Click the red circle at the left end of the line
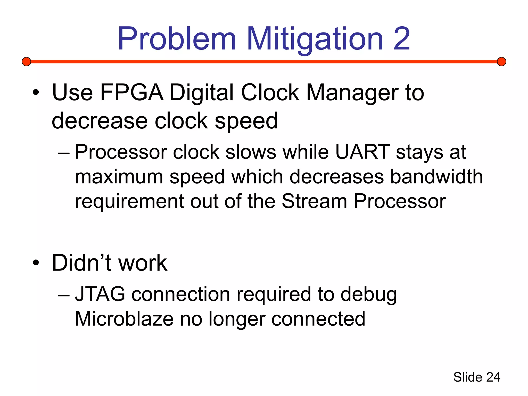26,62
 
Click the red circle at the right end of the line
501,62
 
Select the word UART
362,152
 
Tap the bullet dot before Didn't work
36,263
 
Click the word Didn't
82,263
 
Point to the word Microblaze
124,319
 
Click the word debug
369,294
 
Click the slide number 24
493,377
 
